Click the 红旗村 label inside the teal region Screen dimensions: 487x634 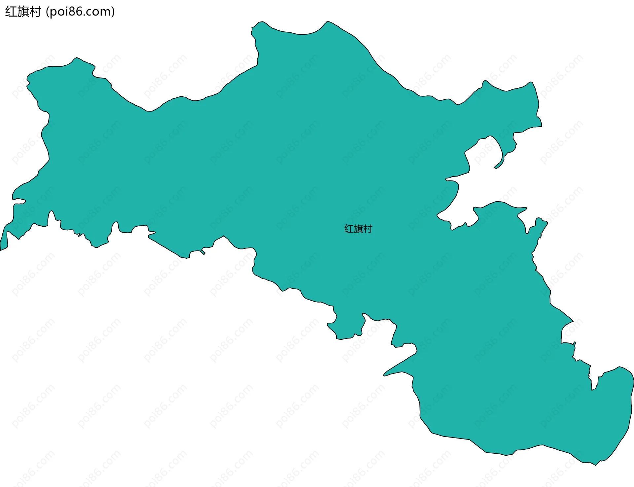(x=358, y=229)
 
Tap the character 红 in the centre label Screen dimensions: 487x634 (x=349, y=229)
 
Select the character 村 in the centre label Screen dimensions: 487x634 (x=368, y=229)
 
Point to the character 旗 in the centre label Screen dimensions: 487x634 (x=358, y=229)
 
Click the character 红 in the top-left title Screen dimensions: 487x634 (x=11, y=12)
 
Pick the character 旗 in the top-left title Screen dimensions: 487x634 (x=23, y=12)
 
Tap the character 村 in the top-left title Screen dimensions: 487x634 (x=35, y=12)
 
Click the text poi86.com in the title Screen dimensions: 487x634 (x=80, y=12)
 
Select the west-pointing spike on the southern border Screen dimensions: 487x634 (x=385, y=375)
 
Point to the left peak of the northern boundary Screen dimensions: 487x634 (x=261, y=23)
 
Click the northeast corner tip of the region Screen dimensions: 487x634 (x=531, y=83)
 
